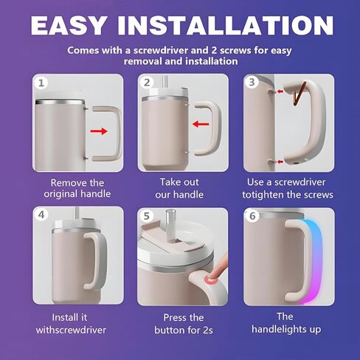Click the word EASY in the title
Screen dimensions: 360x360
click(x=69, y=25)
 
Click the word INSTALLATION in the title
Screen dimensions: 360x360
click(x=226, y=25)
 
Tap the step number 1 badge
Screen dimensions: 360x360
click(x=41, y=83)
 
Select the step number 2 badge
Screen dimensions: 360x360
click(x=147, y=83)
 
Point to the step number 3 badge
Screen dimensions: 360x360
click(x=252, y=82)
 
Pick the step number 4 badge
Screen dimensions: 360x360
click(x=41, y=215)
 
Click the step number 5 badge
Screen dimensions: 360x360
click(x=147, y=216)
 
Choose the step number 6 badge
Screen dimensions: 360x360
click(x=252, y=216)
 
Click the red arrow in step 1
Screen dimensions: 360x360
click(x=99, y=131)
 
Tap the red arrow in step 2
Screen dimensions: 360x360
click(x=201, y=124)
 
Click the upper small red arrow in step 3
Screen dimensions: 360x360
click(x=280, y=91)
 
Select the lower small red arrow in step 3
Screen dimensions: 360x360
click(x=280, y=162)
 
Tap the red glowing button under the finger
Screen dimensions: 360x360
click(x=211, y=280)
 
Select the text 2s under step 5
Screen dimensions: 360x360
click(x=208, y=330)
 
